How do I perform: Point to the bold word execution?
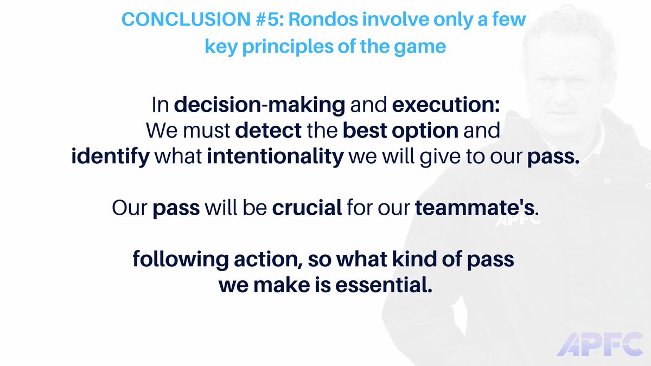[x=445, y=106]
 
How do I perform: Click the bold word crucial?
[x=307, y=208]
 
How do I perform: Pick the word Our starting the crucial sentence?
[x=130, y=208]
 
